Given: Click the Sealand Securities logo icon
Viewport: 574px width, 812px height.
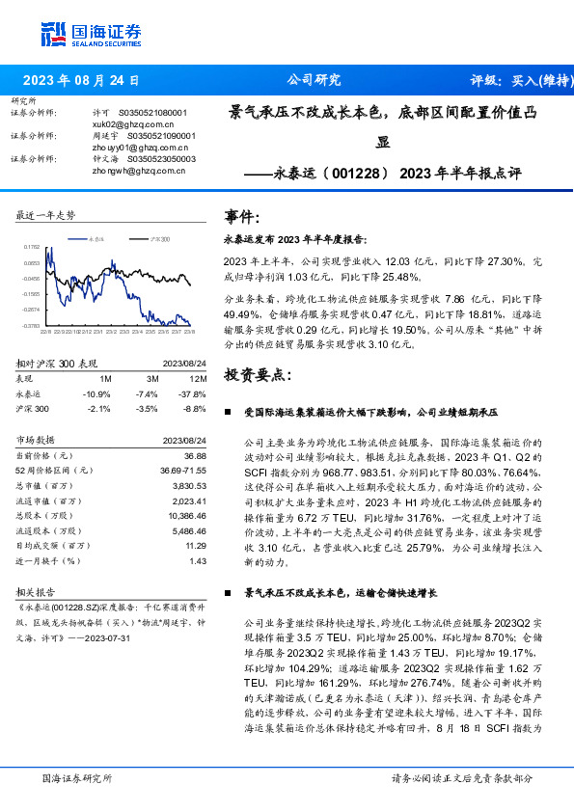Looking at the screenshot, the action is click(x=53, y=33).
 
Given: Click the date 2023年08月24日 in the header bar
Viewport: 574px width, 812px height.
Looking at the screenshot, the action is click(x=80, y=81).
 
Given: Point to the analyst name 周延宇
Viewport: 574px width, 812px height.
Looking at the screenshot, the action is click(x=103, y=136).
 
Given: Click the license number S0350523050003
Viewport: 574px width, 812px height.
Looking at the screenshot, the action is click(x=157, y=159).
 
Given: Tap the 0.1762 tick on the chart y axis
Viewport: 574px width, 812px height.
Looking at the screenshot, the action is click(x=32, y=248).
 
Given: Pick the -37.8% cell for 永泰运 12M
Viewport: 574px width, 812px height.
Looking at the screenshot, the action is click(x=193, y=394).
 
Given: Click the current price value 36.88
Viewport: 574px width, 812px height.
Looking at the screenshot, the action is click(x=196, y=455).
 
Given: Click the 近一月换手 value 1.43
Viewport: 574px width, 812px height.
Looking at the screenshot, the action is click(x=198, y=561).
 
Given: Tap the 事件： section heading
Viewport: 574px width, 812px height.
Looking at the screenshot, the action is click(x=241, y=217).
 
